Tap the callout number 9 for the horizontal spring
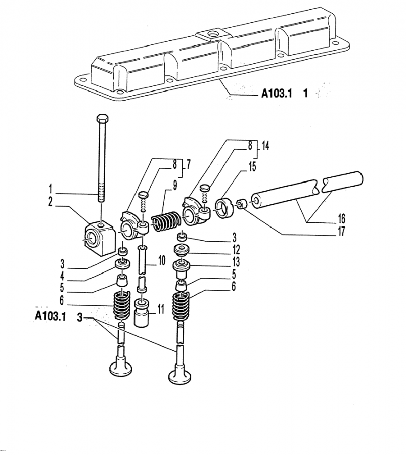[x=174, y=185]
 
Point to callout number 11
[x=160, y=309]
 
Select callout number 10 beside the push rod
[x=161, y=261]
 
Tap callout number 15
[x=252, y=166]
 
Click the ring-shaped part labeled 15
[x=224, y=208]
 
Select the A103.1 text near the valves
[x=51, y=316]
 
